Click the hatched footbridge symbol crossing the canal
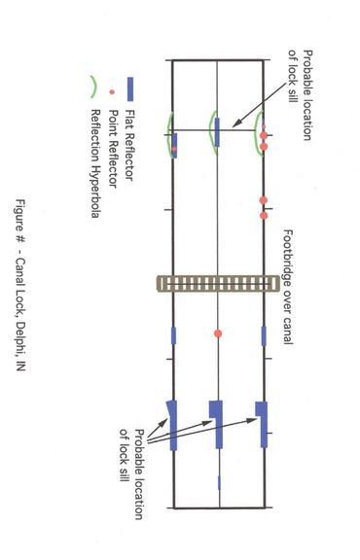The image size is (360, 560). (219, 283)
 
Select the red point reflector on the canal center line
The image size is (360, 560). (219, 334)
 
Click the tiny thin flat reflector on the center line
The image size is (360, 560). (219, 481)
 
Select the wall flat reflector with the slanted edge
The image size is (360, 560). (173, 424)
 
